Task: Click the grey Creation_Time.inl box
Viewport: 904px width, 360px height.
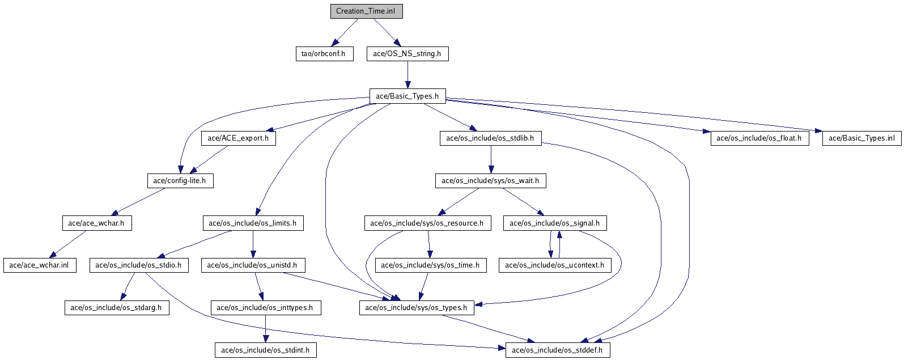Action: [367, 11]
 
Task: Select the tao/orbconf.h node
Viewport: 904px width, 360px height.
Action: [324, 54]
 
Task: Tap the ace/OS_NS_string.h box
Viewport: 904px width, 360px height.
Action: [408, 54]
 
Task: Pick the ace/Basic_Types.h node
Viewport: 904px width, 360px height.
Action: [408, 96]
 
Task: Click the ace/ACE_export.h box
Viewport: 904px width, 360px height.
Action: [239, 138]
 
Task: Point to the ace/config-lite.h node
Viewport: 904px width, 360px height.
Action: [180, 181]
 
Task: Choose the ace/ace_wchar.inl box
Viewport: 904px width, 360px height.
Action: [40, 265]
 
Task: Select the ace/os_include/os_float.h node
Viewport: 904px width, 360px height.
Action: [759, 138]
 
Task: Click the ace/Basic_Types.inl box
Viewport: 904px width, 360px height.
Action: [861, 138]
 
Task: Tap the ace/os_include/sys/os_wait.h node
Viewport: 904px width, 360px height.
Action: [490, 181]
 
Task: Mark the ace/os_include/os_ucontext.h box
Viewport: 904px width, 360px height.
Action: [555, 265]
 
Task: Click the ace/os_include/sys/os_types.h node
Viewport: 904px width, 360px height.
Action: [417, 308]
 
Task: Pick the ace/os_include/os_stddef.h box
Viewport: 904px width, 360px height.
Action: [558, 350]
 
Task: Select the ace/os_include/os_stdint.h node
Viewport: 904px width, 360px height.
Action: [266, 350]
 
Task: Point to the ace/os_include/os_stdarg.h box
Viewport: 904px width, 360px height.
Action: [117, 308]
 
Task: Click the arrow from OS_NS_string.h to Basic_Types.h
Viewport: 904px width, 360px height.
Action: [408, 75]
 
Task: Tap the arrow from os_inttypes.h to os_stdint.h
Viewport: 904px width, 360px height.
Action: [266, 329]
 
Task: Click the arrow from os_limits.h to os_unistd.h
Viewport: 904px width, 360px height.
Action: [253, 244]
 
